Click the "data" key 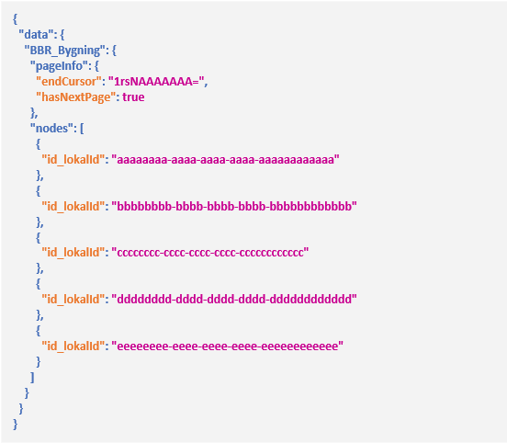tap(36, 34)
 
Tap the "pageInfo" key tap(60, 65)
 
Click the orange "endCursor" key tap(69, 81)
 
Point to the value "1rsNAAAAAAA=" tap(156, 81)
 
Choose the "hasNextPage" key tap(75, 97)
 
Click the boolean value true tap(133, 97)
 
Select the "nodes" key tap(52, 128)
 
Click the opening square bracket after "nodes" tap(82, 129)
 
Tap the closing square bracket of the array tap(32, 378)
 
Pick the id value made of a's tap(225, 159)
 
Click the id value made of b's tap(234, 206)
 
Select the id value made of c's tap(210, 253)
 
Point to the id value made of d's tap(234, 299)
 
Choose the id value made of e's tap(227, 346)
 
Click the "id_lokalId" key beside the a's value tap(73, 160)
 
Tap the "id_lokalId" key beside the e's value tap(73, 346)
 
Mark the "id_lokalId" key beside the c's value tap(73, 253)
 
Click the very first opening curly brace tap(15, 18)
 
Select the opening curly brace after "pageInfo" tap(96, 66)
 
